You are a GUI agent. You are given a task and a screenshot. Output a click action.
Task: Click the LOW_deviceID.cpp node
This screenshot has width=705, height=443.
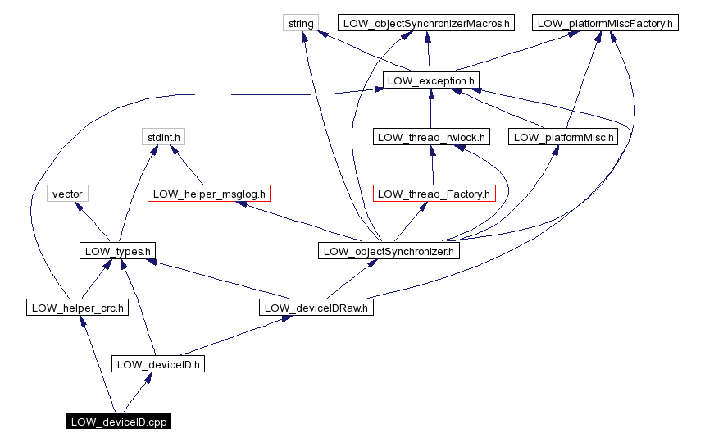119,422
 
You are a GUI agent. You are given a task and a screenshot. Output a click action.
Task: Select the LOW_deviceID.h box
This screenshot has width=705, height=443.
157,364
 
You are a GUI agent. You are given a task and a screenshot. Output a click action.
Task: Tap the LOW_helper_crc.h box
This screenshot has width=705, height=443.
76,308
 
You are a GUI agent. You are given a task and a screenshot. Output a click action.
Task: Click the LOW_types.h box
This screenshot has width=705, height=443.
118,251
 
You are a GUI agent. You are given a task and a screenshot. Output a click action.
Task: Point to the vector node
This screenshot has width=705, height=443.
67,194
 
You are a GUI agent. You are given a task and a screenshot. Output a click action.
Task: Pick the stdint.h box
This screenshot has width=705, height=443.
161,137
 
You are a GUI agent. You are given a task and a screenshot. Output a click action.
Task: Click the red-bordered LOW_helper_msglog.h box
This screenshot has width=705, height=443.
209,194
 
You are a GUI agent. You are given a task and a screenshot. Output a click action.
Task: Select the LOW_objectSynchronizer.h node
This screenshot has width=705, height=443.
389,251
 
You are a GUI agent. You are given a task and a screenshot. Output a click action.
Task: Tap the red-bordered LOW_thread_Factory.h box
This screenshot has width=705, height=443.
434,194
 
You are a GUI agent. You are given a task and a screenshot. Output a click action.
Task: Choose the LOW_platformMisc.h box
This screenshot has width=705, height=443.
563,137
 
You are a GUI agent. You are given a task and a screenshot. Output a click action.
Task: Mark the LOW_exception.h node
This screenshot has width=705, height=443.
430,80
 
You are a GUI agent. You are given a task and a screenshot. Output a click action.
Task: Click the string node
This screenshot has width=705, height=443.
301,23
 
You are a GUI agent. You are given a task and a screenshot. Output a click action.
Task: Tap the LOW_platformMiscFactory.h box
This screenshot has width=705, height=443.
605,23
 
